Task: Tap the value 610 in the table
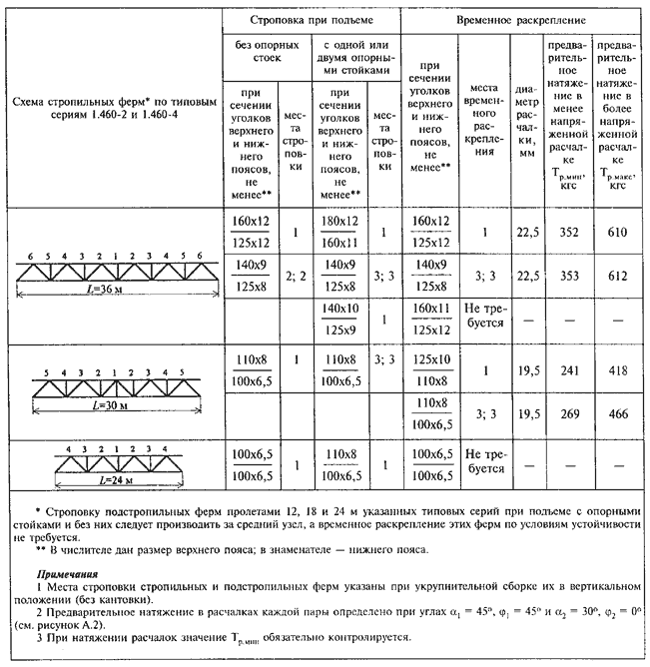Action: pos(617,232)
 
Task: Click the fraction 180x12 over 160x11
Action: pos(338,232)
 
